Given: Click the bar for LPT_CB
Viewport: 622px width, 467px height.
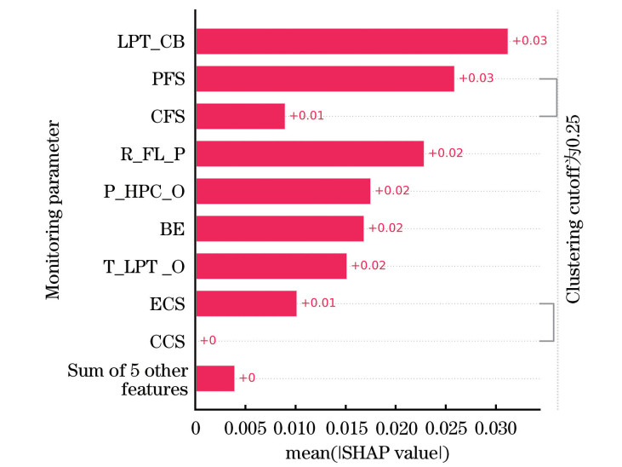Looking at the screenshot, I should pos(351,41).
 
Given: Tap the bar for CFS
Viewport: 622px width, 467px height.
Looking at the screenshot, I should pos(240,116).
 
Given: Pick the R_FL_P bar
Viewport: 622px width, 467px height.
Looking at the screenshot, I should pos(310,153).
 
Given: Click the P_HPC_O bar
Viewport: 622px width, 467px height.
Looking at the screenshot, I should pos(282,191).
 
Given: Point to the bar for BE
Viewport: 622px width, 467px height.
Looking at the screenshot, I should pos(280,228).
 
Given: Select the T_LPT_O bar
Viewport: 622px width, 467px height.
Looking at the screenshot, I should pos(271,266).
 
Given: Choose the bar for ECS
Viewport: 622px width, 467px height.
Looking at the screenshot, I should pos(246,303).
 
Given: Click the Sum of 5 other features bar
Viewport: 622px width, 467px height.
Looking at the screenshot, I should pos(215,378).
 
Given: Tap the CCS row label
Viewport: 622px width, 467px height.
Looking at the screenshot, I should pos(169,341).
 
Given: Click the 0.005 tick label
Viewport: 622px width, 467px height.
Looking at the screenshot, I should pos(245,426).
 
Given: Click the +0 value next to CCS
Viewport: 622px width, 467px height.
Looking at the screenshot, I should pos(207,341).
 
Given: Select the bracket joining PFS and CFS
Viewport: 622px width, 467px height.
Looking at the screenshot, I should pos(556,97).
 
